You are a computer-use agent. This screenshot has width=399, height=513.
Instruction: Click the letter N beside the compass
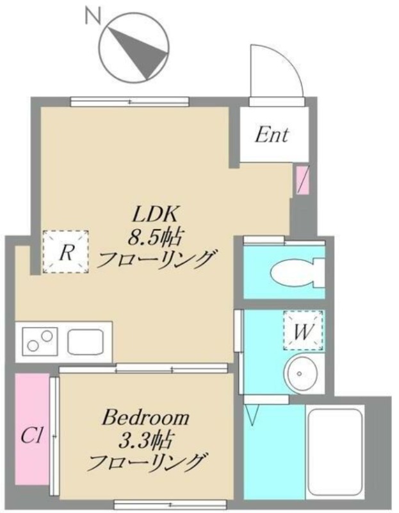click(92, 15)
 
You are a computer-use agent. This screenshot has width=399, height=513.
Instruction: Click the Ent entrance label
click(272, 135)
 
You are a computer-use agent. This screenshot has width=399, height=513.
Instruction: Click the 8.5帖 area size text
click(154, 237)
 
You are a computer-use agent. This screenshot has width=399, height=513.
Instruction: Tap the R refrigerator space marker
click(66, 251)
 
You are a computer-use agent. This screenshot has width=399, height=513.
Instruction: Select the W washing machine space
click(303, 330)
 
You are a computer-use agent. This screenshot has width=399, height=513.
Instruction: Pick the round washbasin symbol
click(300, 374)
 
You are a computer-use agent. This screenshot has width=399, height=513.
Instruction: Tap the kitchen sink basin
click(86, 342)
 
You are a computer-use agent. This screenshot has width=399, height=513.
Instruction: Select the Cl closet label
click(31, 436)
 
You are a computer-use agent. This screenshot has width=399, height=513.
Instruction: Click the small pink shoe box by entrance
click(302, 180)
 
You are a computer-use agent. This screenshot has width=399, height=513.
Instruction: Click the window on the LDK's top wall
click(130, 102)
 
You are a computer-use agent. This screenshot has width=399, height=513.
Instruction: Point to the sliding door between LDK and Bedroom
click(143, 370)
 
